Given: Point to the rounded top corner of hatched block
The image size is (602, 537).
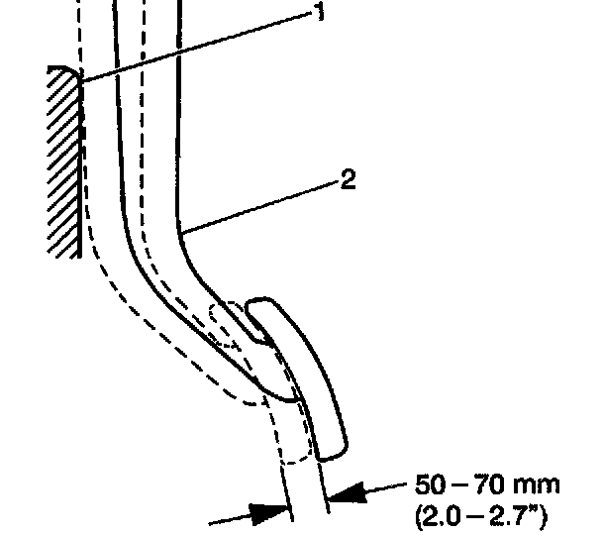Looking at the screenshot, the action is click(67, 70).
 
